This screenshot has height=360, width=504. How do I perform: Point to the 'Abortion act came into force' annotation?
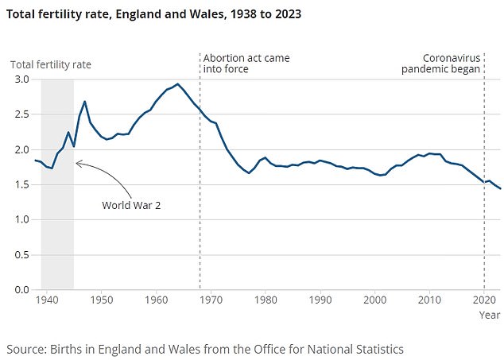coord(246,64)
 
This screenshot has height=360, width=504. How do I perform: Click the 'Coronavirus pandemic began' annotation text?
coord(451,64)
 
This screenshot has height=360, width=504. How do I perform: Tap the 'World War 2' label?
coord(130,205)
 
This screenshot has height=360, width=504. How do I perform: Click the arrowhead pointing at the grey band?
coord(77,163)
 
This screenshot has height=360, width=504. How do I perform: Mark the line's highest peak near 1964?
coord(178,84)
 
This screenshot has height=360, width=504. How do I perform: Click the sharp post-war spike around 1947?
coord(85,102)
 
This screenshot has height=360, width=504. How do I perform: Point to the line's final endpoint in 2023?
coord(500,188)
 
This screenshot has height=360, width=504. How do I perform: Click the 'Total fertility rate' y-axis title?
coord(51,64)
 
